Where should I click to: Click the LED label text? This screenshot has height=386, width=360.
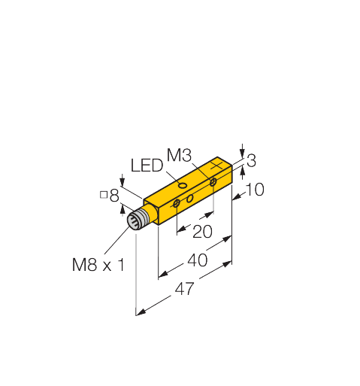pyautogui.click(x=147, y=166)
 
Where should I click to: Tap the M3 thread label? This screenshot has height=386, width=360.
pyautogui.click(x=179, y=155)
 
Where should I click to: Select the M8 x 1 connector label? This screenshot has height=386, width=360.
pyautogui.click(x=98, y=265)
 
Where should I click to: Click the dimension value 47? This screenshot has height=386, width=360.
pyautogui.click(x=184, y=289)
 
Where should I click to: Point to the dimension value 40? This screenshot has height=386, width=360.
pyautogui.click(x=198, y=260)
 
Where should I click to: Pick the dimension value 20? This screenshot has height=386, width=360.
pyautogui.click(x=202, y=231)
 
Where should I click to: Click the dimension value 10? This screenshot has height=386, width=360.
pyautogui.click(x=255, y=190)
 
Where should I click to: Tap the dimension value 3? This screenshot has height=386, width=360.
pyautogui.click(x=251, y=160)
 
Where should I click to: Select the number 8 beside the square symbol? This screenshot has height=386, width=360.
pyautogui.click(x=114, y=196)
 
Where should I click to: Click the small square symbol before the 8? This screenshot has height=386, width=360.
pyautogui.click(x=104, y=195)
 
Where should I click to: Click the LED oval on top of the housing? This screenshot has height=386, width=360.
pyautogui.click(x=183, y=186)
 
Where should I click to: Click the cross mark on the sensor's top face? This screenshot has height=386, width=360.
pyautogui.click(x=216, y=166)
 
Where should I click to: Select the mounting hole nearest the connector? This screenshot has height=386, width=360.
pyautogui.click(x=177, y=203)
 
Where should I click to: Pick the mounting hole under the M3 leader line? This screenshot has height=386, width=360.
pyautogui.click(x=213, y=182)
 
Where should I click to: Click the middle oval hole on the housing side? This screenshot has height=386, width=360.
pyautogui.click(x=190, y=199)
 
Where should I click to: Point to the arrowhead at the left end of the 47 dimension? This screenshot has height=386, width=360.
pyautogui.click(x=141, y=312)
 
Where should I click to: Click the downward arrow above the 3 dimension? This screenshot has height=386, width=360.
pyautogui.click(x=242, y=150)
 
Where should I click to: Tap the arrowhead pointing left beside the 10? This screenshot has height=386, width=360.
pyautogui.click(x=237, y=198)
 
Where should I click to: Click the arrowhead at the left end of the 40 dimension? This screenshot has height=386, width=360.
pyautogui.click(x=163, y=275)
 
